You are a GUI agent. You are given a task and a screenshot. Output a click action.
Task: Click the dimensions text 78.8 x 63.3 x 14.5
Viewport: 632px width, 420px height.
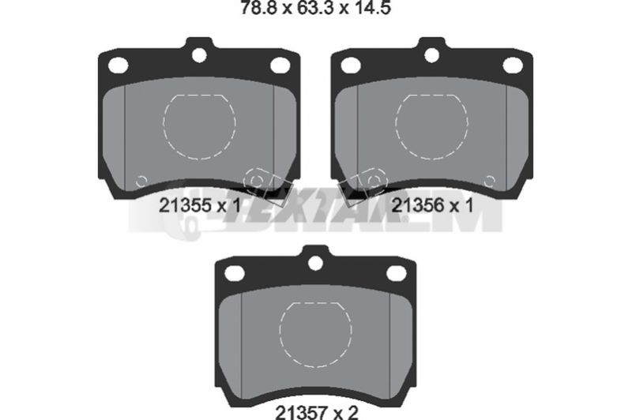(315, 7)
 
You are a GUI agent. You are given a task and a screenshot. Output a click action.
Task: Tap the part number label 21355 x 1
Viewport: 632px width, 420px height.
(200, 205)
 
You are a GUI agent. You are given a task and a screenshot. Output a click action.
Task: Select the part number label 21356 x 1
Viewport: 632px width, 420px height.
(432, 205)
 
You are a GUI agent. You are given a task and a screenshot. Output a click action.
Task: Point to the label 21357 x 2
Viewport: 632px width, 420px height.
(317, 412)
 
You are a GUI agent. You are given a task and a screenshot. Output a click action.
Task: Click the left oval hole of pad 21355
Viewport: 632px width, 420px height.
(118, 65)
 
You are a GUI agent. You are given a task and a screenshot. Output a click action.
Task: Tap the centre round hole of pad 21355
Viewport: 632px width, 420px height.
(199, 55)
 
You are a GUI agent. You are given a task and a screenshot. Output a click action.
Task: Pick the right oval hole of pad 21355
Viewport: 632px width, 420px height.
(280, 66)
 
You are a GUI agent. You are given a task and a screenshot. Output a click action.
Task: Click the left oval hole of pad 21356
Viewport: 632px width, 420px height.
(351, 65)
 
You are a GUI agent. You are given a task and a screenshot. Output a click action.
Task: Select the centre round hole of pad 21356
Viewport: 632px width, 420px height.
(431, 55)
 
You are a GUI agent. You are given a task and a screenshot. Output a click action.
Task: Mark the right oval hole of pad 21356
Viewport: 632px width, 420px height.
(513, 66)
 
